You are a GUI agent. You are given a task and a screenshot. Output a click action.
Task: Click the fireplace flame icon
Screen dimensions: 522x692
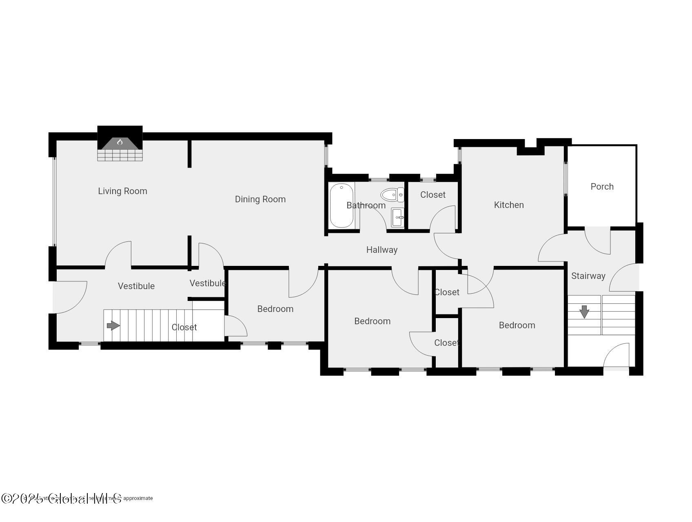[x=120, y=142]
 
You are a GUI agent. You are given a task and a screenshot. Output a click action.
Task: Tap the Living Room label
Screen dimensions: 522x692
[x=122, y=191]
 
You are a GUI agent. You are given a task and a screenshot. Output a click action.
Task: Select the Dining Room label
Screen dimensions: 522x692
[x=260, y=199]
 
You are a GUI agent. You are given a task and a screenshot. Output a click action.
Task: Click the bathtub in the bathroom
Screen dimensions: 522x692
[x=341, y=206]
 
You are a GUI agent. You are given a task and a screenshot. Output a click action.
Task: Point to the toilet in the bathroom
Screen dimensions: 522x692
[x=392, y=195]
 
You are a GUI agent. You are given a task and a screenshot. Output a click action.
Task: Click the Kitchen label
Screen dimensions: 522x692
[x=508, y=205]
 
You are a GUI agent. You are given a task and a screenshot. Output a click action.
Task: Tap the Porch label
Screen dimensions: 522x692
[x=602, y=186]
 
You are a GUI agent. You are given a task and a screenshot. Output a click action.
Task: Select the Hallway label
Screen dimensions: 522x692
[x=381, y=250]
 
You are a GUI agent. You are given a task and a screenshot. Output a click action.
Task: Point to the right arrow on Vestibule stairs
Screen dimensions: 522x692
[x=113, y=325]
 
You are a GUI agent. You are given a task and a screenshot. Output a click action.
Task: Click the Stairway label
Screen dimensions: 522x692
[x=588, y=276]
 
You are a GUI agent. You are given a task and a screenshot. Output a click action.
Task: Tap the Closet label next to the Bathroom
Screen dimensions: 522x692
[x=432, y=195]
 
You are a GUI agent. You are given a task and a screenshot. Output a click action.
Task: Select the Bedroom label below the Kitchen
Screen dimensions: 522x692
[x=517, y=325]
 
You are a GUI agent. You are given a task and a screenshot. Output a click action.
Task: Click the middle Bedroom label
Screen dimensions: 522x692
[x=372, y=321]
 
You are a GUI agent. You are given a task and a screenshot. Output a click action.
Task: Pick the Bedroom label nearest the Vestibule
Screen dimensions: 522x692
[x=275, y=309]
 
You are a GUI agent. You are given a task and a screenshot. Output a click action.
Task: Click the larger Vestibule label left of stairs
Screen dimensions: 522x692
[x=136, y=286]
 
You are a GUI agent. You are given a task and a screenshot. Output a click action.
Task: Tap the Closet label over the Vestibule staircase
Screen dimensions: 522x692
[x=184, y=327]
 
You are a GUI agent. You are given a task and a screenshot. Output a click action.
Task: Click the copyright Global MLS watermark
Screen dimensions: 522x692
[x=61, y=498]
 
